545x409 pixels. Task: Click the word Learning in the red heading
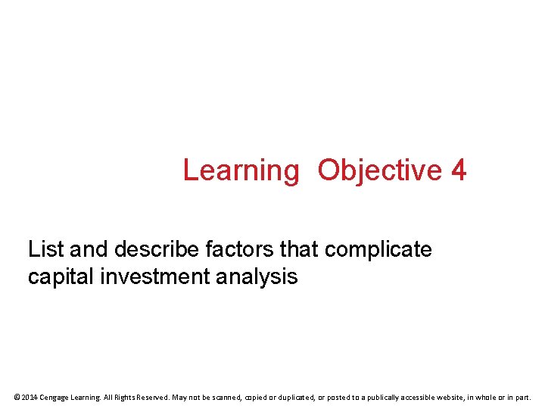tap(241, 171)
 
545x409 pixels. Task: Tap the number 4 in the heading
tap(459, 170)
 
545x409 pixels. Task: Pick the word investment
tap(157, 277)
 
